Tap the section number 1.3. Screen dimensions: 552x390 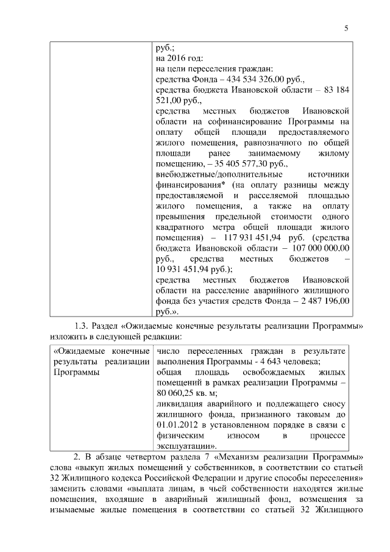point(83,325)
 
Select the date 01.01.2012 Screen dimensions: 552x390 point(177,425)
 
